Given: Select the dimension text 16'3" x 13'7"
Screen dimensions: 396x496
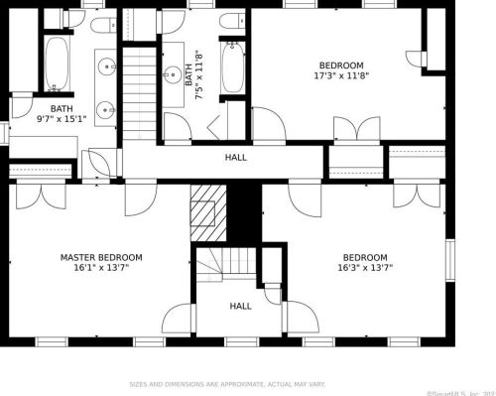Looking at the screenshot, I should point(364,267).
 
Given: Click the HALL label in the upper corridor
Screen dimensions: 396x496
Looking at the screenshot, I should point(236,157).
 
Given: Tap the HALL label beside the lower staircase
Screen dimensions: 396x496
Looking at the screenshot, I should point(241,307).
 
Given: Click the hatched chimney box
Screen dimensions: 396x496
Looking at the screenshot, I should point(204,211).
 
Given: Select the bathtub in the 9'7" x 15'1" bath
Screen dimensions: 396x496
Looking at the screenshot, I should point(58,64).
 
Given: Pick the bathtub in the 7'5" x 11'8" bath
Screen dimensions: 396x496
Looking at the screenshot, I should point(232,67).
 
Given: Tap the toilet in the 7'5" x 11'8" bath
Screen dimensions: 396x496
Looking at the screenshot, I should point(231,22).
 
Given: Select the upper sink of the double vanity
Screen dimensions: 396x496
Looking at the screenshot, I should point(105,67).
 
